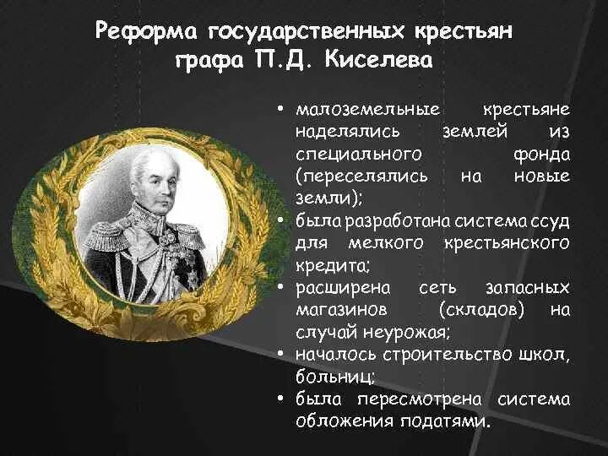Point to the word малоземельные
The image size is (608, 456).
356,111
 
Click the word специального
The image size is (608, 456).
347,155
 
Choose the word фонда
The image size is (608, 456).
540,155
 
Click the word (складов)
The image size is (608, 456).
481,310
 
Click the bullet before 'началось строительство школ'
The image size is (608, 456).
278,354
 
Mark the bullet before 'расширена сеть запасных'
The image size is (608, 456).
278,288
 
